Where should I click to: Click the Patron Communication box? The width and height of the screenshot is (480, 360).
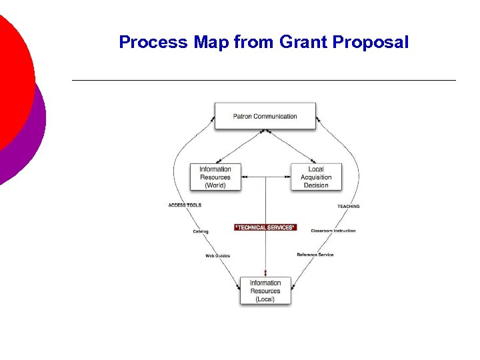coord(265,116)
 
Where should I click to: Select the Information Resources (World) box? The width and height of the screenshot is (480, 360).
coord(215,177)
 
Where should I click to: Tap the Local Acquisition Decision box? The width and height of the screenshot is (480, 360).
coord(316,177)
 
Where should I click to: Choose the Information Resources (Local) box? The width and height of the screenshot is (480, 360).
coord(265,291)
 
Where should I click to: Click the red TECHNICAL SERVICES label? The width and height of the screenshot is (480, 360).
coord(265,227)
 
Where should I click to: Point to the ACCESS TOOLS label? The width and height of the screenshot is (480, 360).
coord(185,205)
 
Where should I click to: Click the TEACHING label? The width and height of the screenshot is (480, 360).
coord(348,207)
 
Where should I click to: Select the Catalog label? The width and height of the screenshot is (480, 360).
coord(201,231)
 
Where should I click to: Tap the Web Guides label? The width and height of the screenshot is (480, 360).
coord(218,255)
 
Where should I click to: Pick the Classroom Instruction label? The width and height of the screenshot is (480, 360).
coord(333,231)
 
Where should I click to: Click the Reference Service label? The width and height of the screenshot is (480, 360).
coord(315,255)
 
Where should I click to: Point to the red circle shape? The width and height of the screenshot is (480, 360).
coord(10,73)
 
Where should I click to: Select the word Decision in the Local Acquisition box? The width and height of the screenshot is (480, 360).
coord(316,185)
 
